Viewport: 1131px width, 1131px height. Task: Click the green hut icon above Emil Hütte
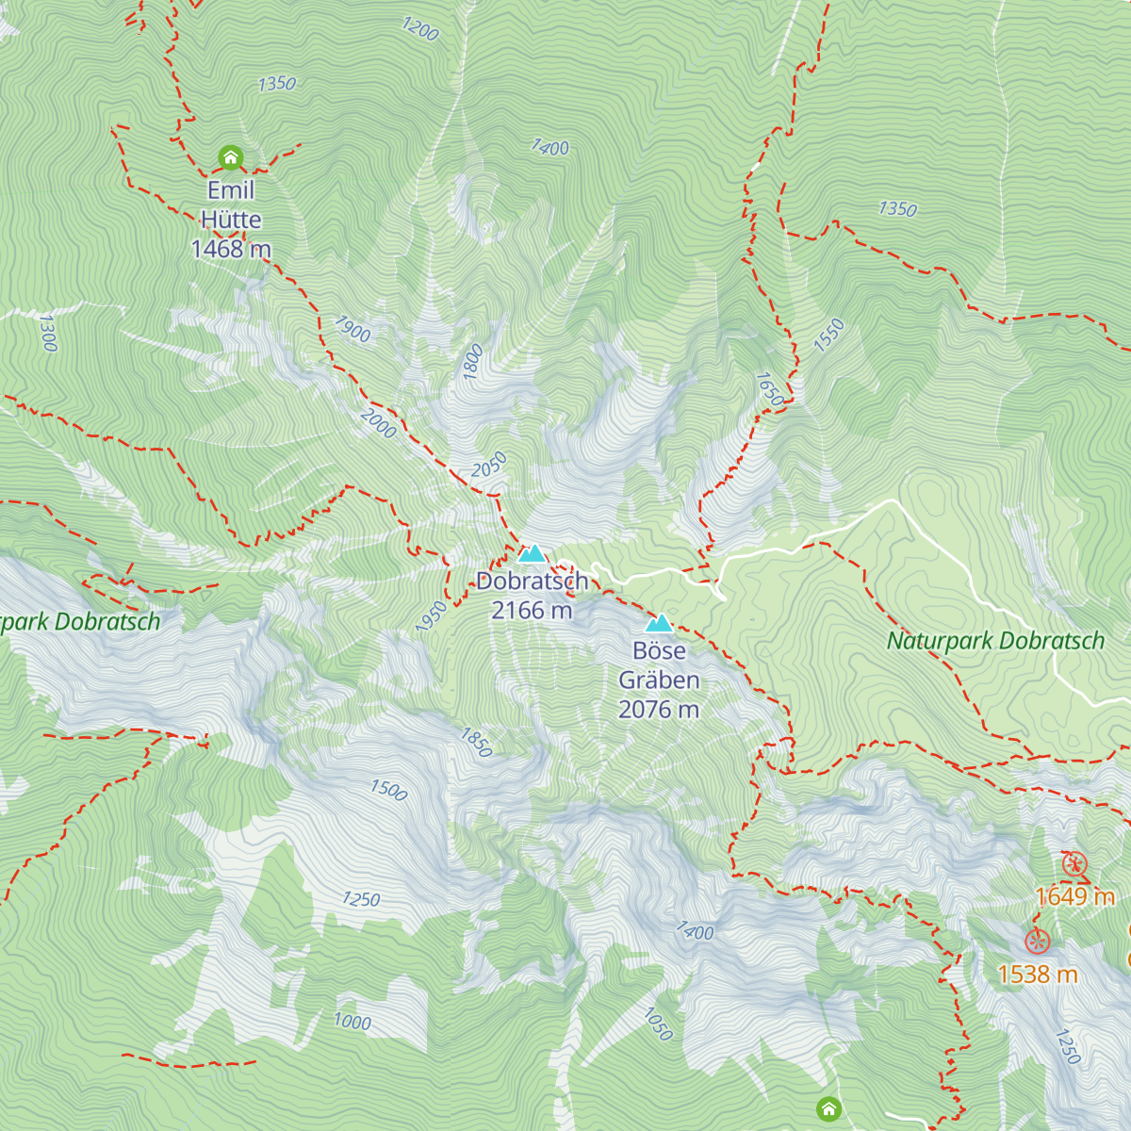(x=230, y=156)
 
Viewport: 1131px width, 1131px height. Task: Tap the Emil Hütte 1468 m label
(x=231, y=220)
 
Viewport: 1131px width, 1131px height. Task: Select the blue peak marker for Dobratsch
(x=532, y=553)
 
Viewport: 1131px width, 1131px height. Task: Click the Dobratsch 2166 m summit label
(x=532, y=596)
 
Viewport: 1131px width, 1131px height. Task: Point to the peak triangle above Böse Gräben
(x=658, y=623)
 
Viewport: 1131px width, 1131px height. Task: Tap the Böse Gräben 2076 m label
(x=659, y=680)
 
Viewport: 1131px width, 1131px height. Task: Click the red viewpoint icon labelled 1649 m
(x=1074, y=863)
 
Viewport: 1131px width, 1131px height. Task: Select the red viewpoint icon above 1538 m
(x=1038, y=941)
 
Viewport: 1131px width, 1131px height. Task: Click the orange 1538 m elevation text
(x=1038, y=974)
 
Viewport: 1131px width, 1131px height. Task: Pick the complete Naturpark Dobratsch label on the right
(x=995, y=642)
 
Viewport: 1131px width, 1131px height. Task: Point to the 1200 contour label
(x=420, y=29)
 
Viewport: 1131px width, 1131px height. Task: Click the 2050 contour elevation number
(x=489, y=465)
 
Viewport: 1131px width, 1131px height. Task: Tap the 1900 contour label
(x=352, y=330)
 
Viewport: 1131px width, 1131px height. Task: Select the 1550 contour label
(x=829, y=336)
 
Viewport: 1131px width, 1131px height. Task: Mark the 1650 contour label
(x=769, y=389)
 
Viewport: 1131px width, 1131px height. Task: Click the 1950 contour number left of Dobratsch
(x=431, y=617)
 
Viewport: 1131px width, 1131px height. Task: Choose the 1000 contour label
(x=352, y=1021)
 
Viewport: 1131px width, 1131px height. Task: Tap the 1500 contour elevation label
(x=388, y=790)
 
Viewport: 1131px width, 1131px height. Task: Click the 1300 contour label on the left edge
(x=48, y=333)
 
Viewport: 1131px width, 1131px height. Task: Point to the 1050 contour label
(x=658, y=1024)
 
